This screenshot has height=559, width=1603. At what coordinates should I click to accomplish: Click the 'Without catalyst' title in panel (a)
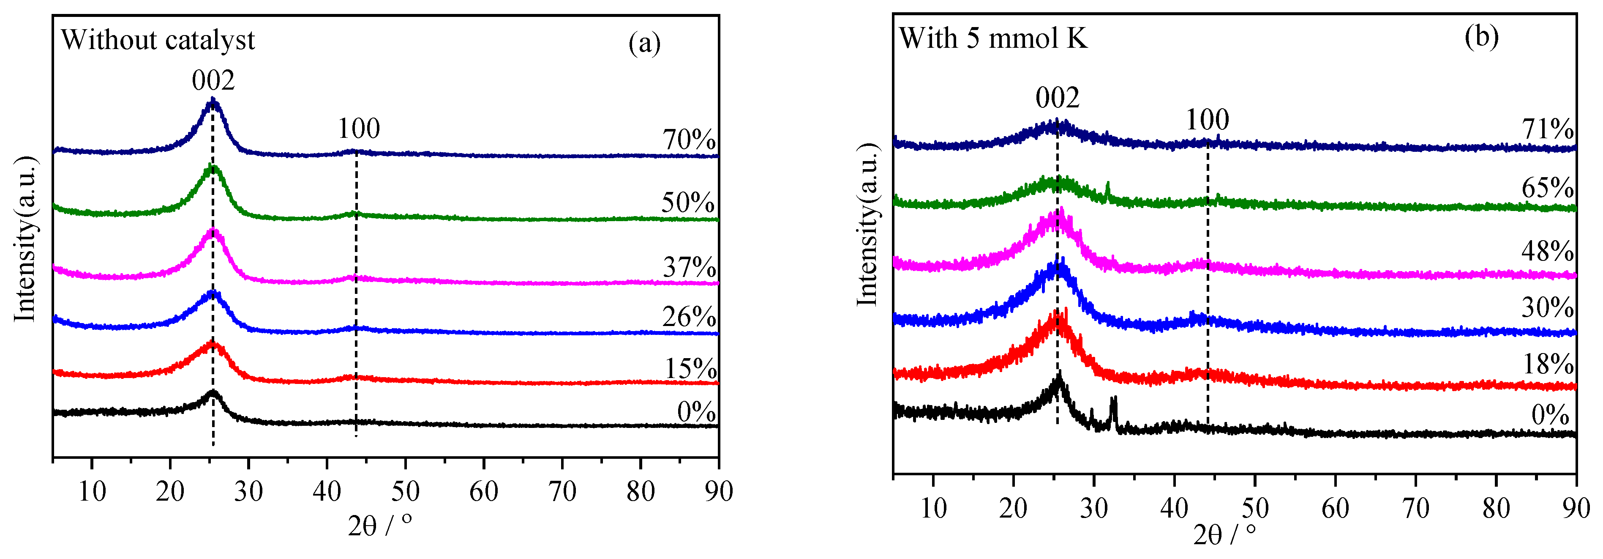click(x=158, y=40)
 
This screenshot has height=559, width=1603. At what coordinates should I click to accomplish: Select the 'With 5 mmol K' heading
click(x=993, y=38)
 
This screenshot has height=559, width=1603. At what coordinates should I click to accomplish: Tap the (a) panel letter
click(x=644, y=44)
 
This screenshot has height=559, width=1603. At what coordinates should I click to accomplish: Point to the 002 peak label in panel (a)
click(x=213, y=81)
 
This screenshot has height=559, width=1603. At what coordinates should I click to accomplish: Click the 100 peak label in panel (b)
click(x=1207, y=120)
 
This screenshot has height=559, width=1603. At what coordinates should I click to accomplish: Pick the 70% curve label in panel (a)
click(x=689, y=140)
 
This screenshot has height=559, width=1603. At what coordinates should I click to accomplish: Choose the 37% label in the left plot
click(x=689, y=268)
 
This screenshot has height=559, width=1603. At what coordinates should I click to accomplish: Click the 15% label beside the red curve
click(x=690, y=369)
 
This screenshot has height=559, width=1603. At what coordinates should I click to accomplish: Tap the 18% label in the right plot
click(x=1548, y=364)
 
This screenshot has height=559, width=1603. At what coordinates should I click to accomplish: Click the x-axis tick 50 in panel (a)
click(x=405, y=492)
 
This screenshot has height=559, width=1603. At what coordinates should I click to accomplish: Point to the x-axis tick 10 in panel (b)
click(x=933, y=509)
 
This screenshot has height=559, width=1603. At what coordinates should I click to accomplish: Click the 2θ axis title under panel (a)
click(x=379, y=526)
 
